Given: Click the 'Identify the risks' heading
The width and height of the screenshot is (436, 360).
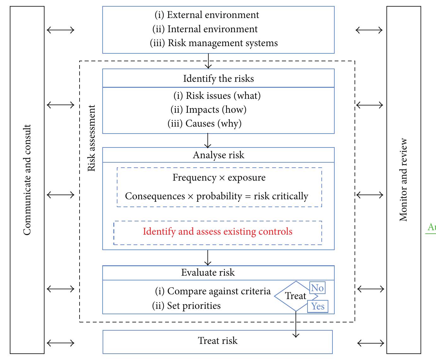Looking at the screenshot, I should click(218, 78).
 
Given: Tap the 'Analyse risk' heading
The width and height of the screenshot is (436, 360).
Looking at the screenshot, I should click(218, 155).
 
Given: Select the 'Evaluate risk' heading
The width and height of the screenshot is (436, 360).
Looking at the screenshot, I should click(208, 273).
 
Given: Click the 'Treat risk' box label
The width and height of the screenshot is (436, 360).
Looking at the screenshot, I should click(218, 341).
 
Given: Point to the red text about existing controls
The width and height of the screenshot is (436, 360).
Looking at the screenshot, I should click(218, 231).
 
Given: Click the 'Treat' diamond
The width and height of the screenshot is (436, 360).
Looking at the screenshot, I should click(295, 296).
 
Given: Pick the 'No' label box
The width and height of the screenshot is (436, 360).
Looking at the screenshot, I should click(317, 288).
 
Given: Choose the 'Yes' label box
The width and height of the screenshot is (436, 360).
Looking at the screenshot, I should click(318, 306).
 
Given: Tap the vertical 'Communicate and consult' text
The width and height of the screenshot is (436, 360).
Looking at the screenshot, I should click(27, 180).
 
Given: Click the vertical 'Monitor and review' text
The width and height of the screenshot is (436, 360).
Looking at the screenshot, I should click(403, 180).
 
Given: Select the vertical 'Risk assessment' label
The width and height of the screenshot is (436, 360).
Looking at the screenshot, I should click(91, 138).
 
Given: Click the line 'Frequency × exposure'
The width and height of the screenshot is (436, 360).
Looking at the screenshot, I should click(219, 177).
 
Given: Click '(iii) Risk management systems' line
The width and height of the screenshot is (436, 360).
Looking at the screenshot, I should click(214, 43).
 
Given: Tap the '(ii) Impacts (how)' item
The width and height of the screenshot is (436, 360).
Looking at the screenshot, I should click(208, 110).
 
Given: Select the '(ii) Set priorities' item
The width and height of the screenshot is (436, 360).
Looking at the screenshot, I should click(186, 306).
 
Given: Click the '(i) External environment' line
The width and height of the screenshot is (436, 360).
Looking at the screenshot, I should click(207, 15).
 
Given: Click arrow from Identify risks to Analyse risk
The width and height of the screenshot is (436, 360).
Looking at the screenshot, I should click(207, 141).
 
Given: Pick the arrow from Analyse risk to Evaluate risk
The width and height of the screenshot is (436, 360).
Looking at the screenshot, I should click(207, 258).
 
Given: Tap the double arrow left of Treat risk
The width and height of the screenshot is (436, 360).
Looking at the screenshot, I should click(60, 343).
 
